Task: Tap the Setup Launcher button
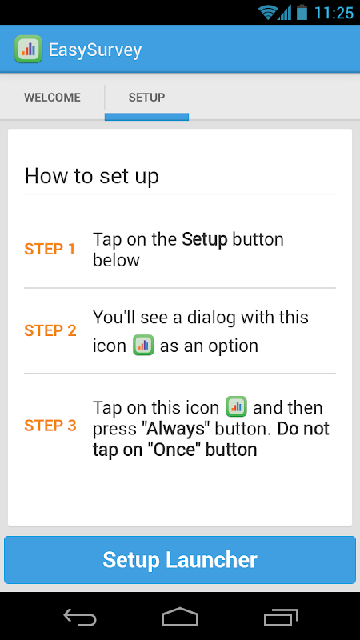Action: click(x=180, y=559)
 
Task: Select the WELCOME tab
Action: click(x=52, y=98)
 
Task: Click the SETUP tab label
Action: click(x=146, y=98)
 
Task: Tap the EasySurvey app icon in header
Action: click(x=28, y=49)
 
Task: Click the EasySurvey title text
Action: click(x=95, y=50)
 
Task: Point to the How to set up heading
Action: click(x=92, y=176)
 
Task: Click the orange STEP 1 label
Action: click(x=50, y=249)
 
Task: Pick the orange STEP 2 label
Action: click(x=50, y=330)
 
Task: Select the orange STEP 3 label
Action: click(x=50, y=426)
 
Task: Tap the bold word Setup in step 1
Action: click(x=205, y=240)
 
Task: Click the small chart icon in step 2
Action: click(x=143, y=346)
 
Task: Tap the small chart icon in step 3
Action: click(x=236, y=406)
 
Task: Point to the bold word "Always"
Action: click(x=176, y=429)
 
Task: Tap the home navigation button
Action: click(x=180, y=616)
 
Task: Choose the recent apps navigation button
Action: click(x=281, y=617)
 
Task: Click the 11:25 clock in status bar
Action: click(x=334, y=13)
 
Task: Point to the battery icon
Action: click(x=302, y=12)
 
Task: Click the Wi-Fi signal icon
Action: click(x=268, y=12)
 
